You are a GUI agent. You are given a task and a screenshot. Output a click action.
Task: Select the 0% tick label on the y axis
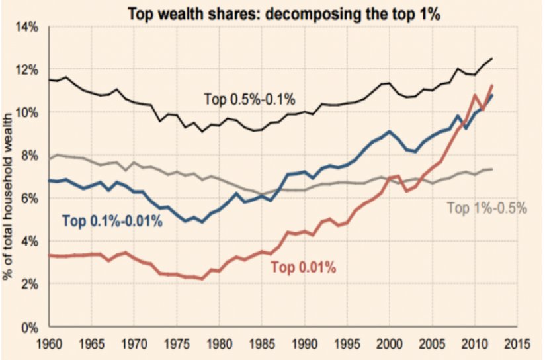pyautogui.click(x=31, y=327)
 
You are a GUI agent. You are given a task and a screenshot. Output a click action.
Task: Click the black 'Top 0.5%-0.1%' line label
pyautogui.click(x=249, y=99)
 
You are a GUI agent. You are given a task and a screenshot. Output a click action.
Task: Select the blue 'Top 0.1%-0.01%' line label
pyautogui.click(x=112, y=221)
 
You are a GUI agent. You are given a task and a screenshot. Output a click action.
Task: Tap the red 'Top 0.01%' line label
pyautogui.click(x=304, y=267)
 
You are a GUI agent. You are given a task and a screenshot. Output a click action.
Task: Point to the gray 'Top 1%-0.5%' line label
pyautogui.click(x=487, y=208)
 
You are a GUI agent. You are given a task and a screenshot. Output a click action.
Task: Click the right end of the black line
pyautogui.click(x=491, y=58)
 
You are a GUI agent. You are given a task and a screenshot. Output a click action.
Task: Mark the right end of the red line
pyautogui.click(x=491, y=85)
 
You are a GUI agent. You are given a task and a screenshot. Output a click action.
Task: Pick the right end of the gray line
pyautogui.click(x=491, y=169)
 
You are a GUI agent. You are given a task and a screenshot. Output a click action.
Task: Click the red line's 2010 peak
pyautogui.click(x=474, y=95)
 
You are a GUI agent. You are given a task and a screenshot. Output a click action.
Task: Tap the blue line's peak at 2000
pyautogui.click(x=390, y=132)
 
